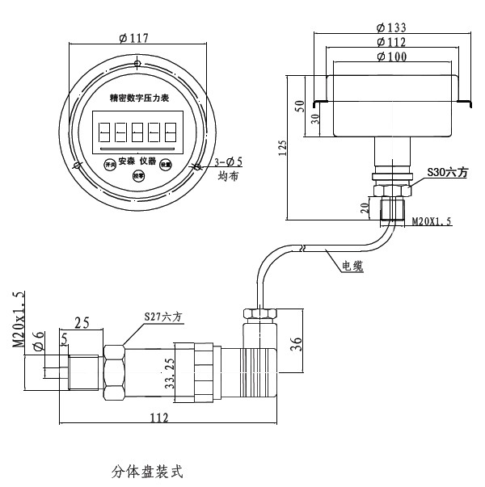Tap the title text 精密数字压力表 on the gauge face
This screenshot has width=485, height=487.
[x=138, y=98]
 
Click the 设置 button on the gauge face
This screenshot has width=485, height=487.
[x=166, y=163]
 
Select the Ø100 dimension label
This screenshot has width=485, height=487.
[x=391, y=57]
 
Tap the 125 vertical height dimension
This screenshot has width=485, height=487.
[x=282, y=149]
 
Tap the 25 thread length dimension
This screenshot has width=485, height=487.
[x=82, y=323]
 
